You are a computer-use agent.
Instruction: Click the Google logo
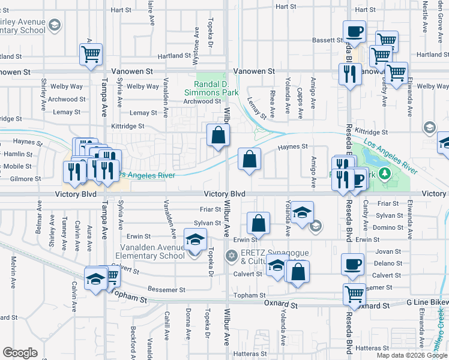[20, 353]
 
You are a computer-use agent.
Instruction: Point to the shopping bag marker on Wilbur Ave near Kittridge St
[218, 136]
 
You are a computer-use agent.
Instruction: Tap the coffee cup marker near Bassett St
[354, 32]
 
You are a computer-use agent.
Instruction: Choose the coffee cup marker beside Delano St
[352, 265]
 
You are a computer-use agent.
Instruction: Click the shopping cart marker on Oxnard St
[354, 295]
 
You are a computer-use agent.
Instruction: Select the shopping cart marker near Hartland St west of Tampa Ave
[91, 55]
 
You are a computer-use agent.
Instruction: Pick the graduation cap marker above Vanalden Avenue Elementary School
[195, 241]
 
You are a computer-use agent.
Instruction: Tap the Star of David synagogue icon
[232, 256]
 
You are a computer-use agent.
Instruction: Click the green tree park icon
[387, 175]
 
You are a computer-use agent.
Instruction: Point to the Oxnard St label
[281, 305]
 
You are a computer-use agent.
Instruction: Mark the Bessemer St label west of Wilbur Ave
[166, 290]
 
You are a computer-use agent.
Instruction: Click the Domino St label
[387, 227]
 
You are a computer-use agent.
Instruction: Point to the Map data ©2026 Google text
[411, 355]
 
